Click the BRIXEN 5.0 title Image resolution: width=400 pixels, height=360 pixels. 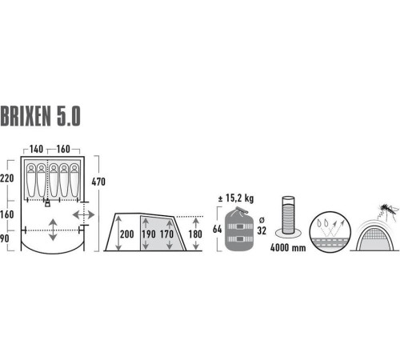pos(40,116)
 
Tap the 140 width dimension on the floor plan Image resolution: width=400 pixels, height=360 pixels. pos(36,149)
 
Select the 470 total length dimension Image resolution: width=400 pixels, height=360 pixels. pos(98,182)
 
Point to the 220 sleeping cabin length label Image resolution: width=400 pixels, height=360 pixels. pos(7,178)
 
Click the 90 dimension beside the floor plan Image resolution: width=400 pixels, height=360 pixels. pos(5,238)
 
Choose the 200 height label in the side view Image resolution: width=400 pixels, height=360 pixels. pos(127,234)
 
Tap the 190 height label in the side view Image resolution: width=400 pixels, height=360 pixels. pos(149,234)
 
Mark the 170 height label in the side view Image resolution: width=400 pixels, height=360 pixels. pos(166,234)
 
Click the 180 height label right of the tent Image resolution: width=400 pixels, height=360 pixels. pos(195,234)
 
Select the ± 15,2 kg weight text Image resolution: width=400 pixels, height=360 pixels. pos(236,198)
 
